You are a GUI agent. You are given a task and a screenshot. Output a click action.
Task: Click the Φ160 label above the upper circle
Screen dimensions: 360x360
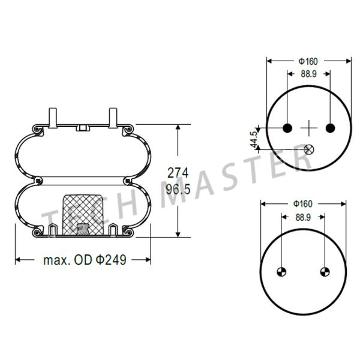308,61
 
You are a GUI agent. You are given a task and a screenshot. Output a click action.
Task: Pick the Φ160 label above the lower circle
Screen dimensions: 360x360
302,204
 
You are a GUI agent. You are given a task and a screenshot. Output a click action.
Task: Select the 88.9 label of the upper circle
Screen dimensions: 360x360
308,74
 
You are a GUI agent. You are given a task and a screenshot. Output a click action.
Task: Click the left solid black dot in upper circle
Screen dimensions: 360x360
287,128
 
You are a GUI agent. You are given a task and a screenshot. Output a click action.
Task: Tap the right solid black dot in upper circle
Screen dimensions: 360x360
329,128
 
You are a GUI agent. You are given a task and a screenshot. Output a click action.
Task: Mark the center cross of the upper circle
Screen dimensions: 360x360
308,128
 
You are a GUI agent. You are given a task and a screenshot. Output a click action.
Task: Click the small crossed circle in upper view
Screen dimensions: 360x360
308,149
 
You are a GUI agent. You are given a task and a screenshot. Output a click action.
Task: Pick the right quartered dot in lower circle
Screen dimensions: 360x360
324,271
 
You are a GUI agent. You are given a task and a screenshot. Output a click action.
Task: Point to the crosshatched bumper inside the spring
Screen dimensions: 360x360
83,209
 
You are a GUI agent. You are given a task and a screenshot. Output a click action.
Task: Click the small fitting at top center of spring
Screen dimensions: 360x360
83,127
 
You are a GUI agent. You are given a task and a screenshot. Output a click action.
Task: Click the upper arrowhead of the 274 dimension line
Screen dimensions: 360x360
178,128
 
